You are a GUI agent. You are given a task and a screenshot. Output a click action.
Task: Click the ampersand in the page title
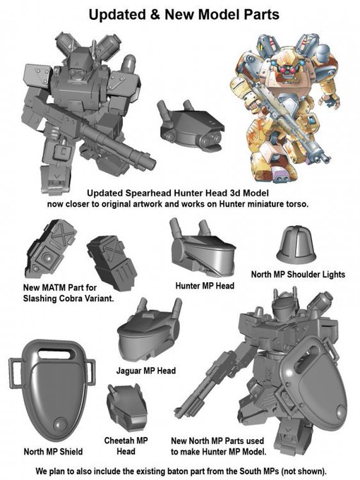click(155, 14)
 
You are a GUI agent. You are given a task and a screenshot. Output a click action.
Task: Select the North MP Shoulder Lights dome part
click(296, 245)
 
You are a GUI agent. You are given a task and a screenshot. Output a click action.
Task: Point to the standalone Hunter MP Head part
click(203, 248)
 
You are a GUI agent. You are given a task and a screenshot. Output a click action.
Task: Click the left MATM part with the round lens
click(50, 248)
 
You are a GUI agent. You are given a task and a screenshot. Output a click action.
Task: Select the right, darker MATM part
click(112, 263)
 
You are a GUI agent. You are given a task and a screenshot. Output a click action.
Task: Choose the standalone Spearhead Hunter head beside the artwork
click(190, 126)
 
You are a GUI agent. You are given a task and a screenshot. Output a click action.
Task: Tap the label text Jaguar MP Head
click(146, 371)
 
